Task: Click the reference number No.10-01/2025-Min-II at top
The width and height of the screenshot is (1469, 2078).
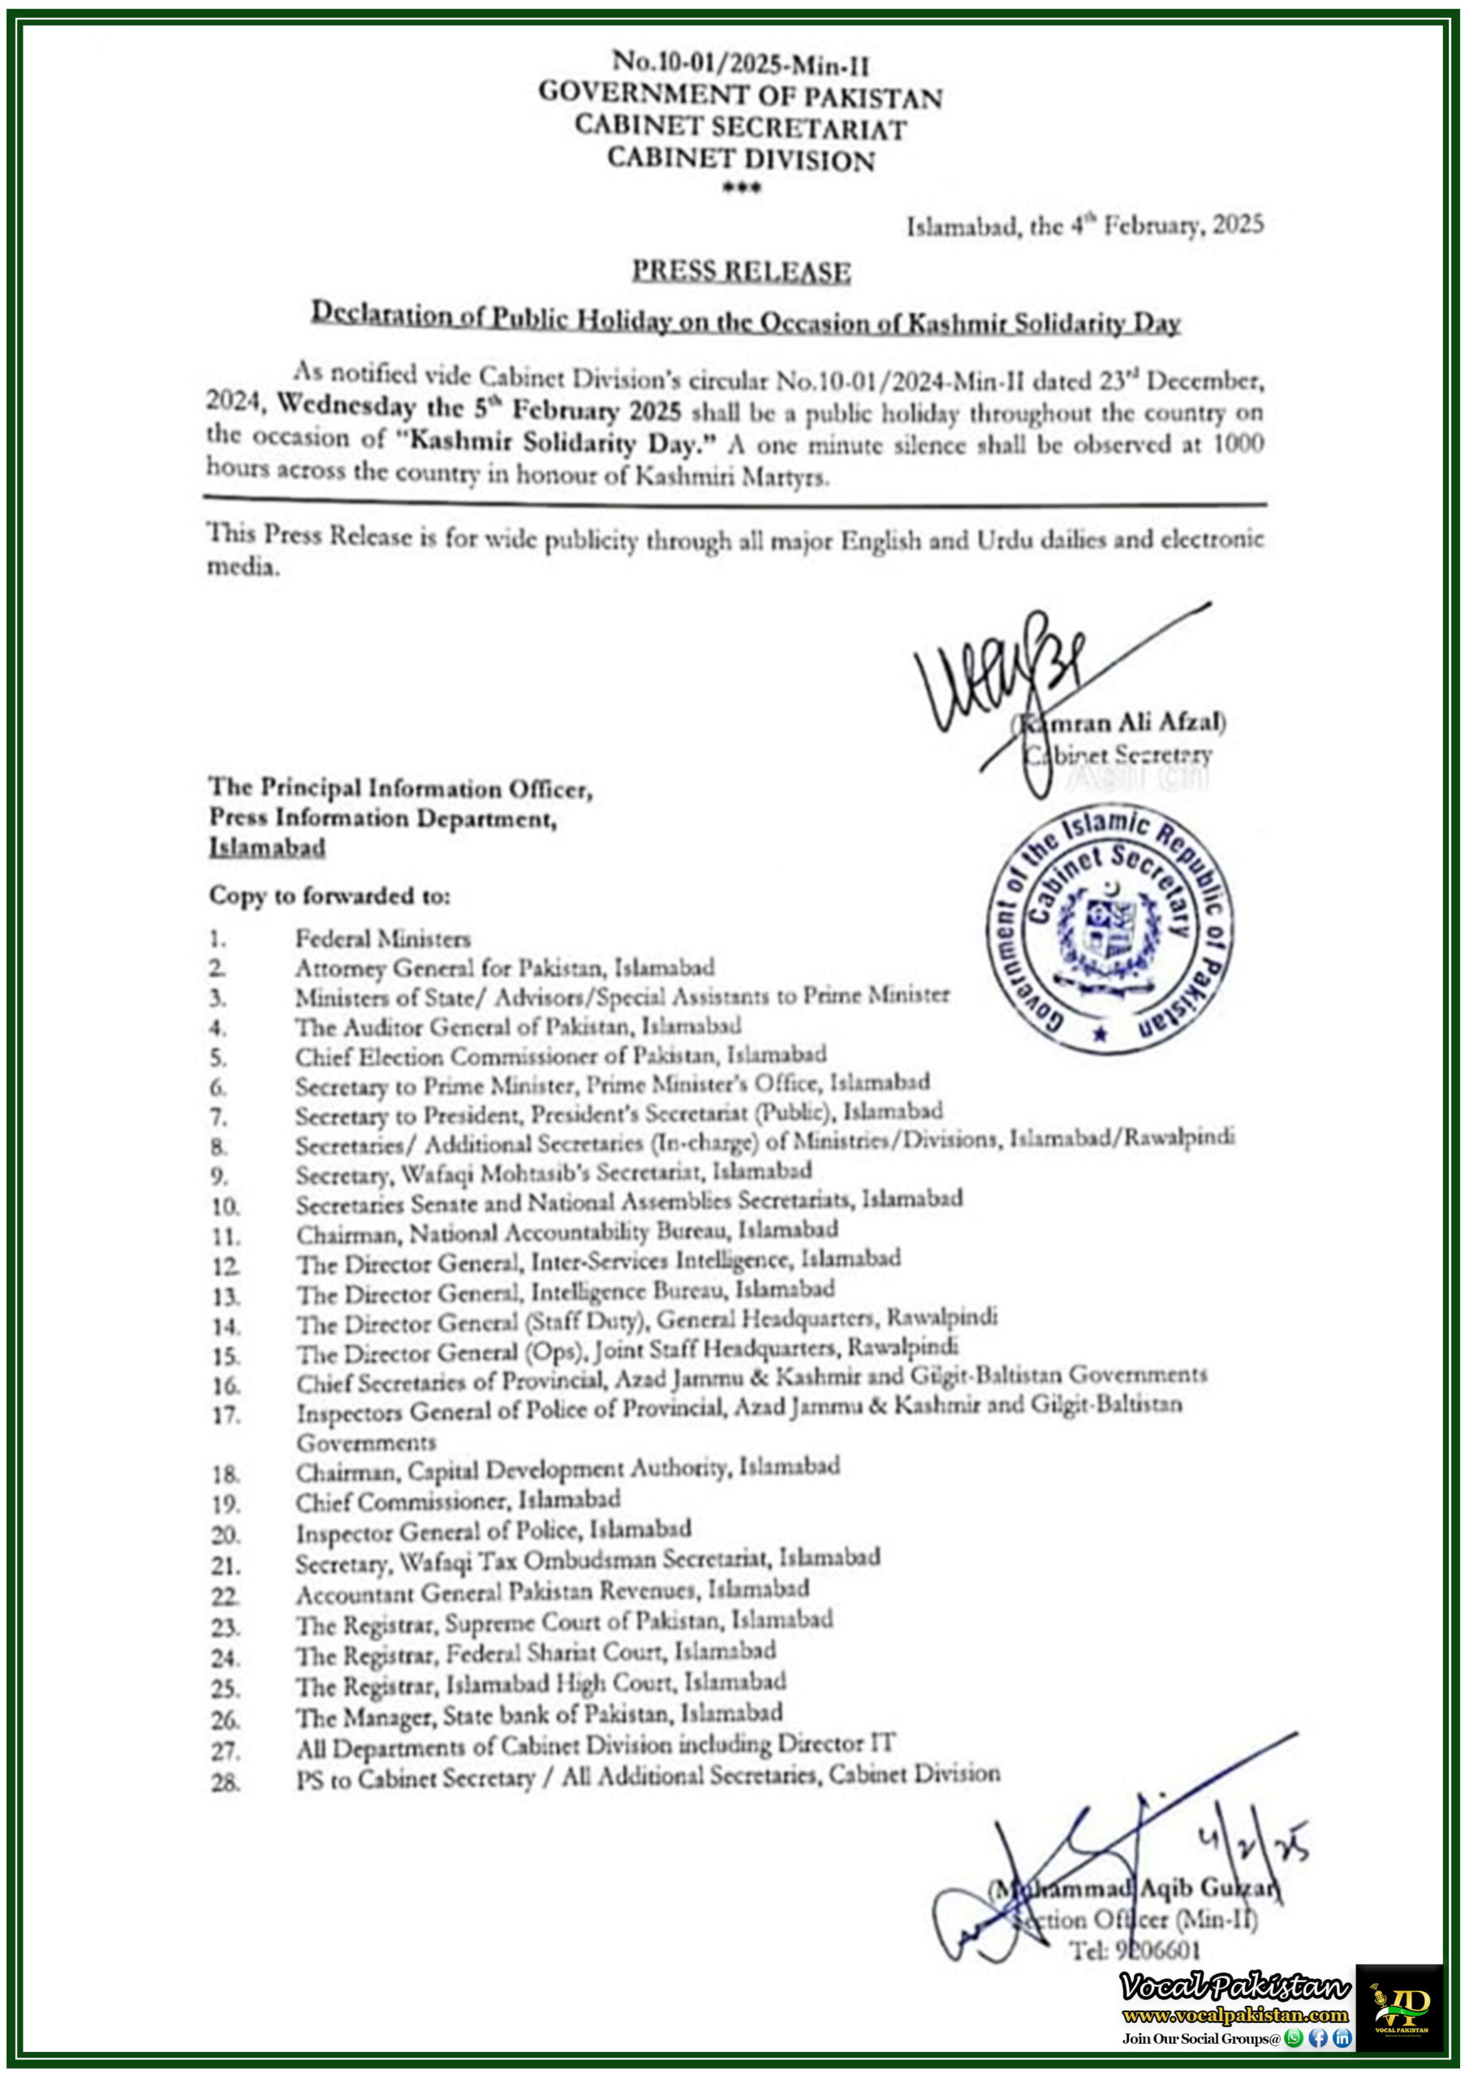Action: pyautogui.click(x=740, y=63)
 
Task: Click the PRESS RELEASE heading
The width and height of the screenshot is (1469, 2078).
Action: pyautogui.click(x=740, y=270)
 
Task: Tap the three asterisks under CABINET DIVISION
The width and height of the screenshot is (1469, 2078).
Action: pyautogui.click(x=740, y=188)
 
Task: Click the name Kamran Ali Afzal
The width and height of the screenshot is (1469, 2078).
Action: pyautogui.click(x=1122, y=722)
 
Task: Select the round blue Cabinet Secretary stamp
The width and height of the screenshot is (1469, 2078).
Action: pyautogui.click(x=1109, y=929)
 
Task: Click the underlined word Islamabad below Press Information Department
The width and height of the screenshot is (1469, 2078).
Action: pyautogui.click(x=267, y=847)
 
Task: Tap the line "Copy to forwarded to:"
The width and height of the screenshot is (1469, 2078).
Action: pyautogui.click(x=330, y=895)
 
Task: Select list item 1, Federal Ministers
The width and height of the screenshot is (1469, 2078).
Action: pyautogui.click(x=382, y=938)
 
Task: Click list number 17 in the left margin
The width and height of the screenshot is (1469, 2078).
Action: pyautogui.click(x=226, y=1415)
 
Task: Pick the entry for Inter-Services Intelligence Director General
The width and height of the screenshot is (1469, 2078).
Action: pyautogui.click(x=597, y=1261)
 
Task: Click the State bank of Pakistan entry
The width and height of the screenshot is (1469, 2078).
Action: pyautogui.click(x=539, y=1715)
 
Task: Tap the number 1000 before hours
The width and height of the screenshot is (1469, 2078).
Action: pyautogui.click(x=1238, y=443)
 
